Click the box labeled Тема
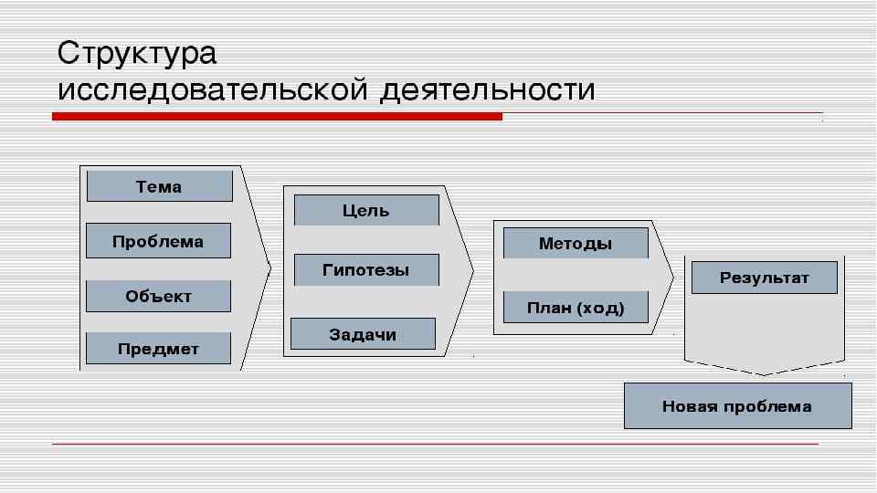point(159,186)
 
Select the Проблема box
point(158,241)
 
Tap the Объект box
point(158,296)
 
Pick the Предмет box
point(158,349)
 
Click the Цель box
point(365,210)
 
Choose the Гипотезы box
point(365,269)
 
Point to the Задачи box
point(363,334)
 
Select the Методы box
point(576,244)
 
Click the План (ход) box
point(576,308)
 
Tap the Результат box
point(764,278)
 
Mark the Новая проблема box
point(737,406)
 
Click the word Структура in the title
point(137,53)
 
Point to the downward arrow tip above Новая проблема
point(765,373)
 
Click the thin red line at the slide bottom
point(435,444)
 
